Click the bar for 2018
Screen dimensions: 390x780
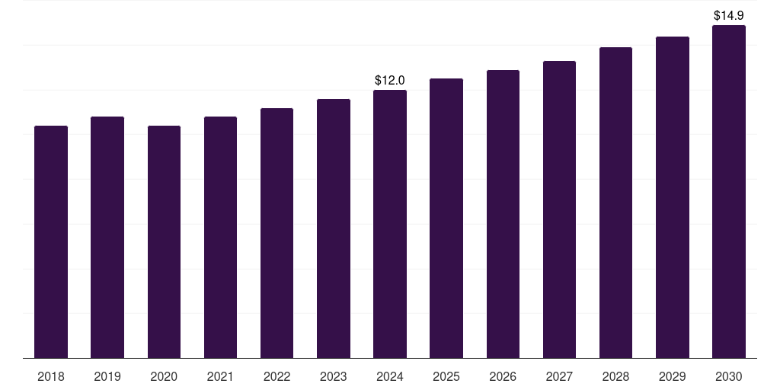(51, 242)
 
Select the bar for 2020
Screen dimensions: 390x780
(164, 242)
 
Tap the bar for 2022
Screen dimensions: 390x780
(277, 233)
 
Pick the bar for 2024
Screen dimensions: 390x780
(390, 224)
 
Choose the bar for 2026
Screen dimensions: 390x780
(503, 214)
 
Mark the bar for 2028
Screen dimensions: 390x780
(615, 203)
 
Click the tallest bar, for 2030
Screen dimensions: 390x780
(728, 192)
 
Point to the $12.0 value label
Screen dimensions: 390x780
(390, 80)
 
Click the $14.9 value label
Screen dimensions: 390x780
(728, 15)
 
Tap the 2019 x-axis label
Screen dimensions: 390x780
(107, 376)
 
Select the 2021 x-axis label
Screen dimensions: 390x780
(220, 376)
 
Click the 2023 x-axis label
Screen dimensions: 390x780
(334, 376)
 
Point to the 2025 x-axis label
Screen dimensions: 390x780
(446, 376)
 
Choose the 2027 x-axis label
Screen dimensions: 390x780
(559, 376)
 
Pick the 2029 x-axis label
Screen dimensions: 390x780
(672, 376)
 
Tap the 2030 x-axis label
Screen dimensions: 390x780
(728, 376)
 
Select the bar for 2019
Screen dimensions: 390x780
(107, 238)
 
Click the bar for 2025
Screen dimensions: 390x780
(446, 219)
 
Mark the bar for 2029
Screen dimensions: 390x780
(672, 197)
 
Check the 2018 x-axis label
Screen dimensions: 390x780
(51, 376)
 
